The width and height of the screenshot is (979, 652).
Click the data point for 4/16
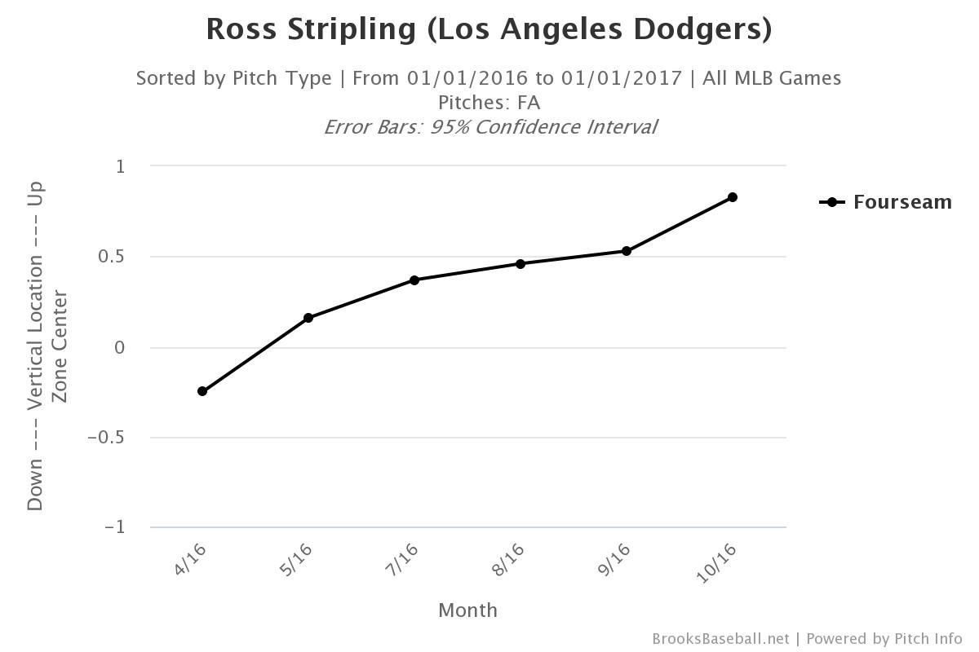tap(202, 391)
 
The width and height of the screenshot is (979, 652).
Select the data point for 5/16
tap(308, 318)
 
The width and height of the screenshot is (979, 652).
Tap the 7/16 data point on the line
tap(414, 280)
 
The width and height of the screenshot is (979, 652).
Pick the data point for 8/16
tap(521, 264)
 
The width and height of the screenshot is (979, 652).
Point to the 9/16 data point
tap(627, 251)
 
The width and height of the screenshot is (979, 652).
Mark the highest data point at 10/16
tap(733, 197)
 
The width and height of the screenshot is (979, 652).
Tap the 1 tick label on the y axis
tap(121, 166)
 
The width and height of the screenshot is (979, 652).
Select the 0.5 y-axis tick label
tap(113, 257)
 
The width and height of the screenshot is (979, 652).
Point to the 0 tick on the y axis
tap(121, 348)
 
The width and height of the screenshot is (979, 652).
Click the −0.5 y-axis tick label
tap(108, 438)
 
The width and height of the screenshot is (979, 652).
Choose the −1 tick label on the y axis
tap(115, 527)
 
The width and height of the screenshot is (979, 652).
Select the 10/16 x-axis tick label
tap(717, 562)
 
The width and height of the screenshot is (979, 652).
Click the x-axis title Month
tap(467, 610)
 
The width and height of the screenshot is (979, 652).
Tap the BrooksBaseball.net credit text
tap(720, 639)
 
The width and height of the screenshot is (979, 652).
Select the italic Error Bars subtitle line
tap(489, 127)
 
